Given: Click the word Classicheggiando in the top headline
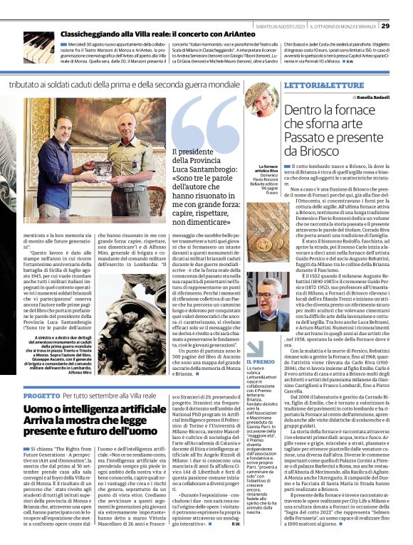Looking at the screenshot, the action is [x=88, y=33].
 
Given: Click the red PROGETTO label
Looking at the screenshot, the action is [x=35, y=395].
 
